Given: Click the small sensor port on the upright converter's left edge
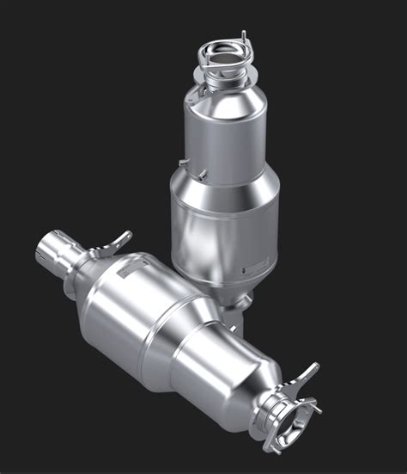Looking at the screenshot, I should coord(184,161).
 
